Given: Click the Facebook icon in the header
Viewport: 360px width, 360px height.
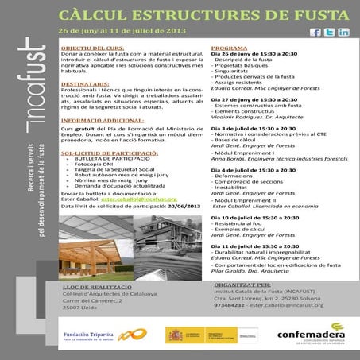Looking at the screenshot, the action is (315, 32).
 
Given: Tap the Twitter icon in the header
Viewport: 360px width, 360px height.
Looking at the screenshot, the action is (330, 32).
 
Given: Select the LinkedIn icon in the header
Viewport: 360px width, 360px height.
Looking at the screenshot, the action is (343, 32).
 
